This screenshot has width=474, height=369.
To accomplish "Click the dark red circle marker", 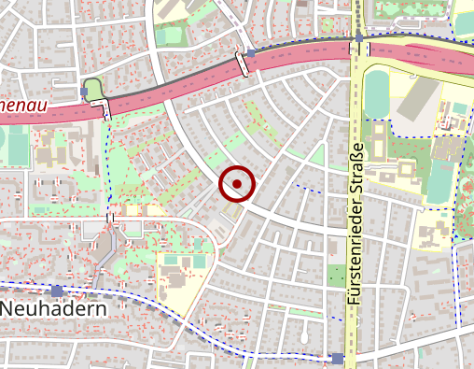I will (237, 184).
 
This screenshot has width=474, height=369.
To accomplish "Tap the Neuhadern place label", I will (53, 307).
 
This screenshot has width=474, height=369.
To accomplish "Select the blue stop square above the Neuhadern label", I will (58, 291).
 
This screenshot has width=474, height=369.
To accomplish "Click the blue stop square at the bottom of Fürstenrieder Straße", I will (337, 358).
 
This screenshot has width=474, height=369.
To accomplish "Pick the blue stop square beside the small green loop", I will (86, 91).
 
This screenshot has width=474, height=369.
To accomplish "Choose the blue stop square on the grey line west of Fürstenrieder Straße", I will (251, 53).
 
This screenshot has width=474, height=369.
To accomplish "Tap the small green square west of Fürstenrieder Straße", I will (336, 276).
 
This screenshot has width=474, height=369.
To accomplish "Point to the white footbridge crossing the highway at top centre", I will (244, 64).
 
